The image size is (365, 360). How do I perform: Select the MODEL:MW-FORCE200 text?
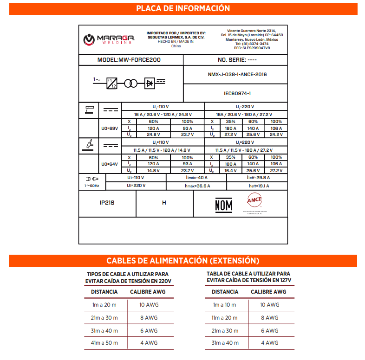(x=130, y=60)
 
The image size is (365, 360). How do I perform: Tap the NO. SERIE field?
(x=237, y=60)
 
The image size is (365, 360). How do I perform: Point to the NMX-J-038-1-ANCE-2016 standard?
(x=237, y=74)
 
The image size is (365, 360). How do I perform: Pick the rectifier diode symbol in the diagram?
(x=150, y=83)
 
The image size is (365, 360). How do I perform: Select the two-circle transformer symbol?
(x=131, y=83)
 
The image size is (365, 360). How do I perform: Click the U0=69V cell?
(x=110, y=128)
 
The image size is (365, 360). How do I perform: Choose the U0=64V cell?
(x=110, y=164)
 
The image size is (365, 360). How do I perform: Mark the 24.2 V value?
(x=276, y=135)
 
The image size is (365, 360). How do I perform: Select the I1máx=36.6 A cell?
(x=196, y=186)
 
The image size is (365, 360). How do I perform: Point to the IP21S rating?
(x=107, y=203)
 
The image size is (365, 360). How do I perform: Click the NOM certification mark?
(x=223, y=205)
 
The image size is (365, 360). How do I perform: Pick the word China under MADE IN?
(x=176, y=46)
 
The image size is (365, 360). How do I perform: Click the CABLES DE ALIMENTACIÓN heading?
(x=182, y=261)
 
